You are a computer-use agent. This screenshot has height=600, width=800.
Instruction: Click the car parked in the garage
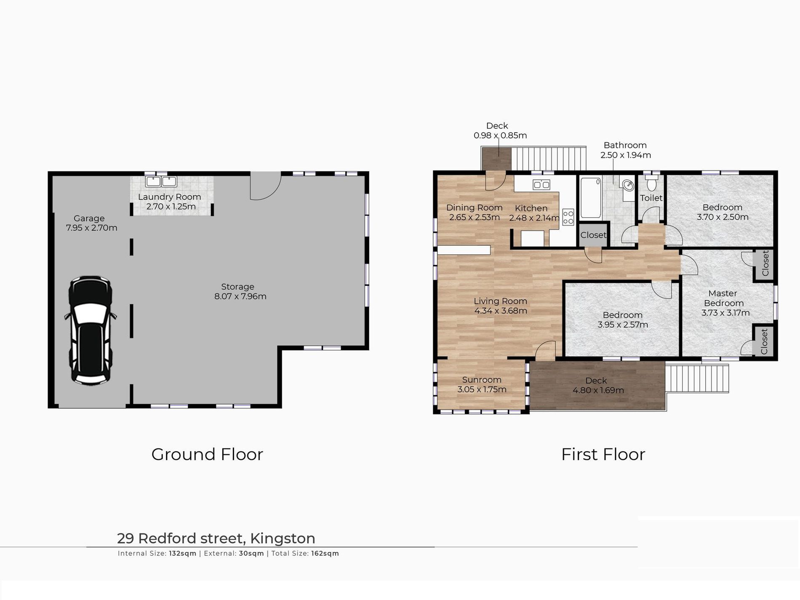click(90, 331)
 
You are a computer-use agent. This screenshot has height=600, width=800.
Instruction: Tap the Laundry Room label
click(169, 197)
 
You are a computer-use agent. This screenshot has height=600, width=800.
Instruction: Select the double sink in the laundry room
click(161, 181)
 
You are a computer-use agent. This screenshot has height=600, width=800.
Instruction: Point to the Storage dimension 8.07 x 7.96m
click(240, 296)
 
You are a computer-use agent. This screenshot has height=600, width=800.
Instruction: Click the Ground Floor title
click(207, 454)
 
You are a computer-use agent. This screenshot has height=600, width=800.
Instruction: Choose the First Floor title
click(603, 454)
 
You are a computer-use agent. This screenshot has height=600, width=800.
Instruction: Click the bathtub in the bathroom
click(590, 198)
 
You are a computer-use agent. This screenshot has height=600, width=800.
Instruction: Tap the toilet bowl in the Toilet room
click(651, 184)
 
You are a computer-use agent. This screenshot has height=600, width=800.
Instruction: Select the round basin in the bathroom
click(628, 185)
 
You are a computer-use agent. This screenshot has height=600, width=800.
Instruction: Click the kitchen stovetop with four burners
click(568, 217)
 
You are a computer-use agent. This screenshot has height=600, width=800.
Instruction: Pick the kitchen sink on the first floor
click(541, 184)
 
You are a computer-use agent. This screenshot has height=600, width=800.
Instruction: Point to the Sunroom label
click(482, 380)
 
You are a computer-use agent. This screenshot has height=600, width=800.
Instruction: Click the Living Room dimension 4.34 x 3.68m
click(501, 311)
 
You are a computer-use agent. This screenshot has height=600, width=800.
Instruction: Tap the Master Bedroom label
click(723, 298)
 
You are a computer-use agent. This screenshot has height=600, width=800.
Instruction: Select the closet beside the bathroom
click(593, 235)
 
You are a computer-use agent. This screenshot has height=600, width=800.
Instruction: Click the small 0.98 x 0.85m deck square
click(496, 159)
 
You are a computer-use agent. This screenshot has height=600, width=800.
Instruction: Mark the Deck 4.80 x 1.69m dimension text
click(598, 391)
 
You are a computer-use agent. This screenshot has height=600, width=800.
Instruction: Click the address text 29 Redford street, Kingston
click(216, 539)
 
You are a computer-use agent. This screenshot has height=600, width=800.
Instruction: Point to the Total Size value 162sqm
click(325, 554)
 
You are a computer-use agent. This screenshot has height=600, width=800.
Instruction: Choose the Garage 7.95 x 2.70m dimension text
click(91, 228)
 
